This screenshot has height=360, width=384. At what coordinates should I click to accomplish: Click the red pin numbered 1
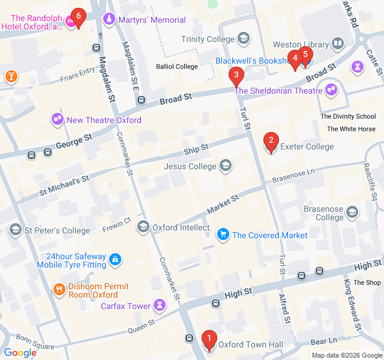coord(209,340)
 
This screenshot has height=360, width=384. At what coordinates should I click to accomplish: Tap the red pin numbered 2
coord(271,142)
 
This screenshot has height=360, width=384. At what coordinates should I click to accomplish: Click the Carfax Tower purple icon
coord(160,305)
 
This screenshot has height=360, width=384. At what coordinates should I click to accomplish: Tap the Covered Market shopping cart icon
coord(223,235)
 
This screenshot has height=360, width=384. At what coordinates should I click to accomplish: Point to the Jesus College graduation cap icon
coord(226,166)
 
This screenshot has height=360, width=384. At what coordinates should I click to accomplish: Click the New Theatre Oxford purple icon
coord(58,119)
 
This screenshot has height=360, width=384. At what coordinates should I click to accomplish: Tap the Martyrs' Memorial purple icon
coord(109,20)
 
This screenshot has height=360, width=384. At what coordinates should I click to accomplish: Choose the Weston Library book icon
coord(338,44)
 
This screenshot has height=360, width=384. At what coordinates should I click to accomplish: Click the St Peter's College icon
coord(14,230)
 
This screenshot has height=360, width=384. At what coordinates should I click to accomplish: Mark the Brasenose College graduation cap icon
coord(352,212)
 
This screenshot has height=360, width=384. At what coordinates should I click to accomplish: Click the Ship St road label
coord(196,148)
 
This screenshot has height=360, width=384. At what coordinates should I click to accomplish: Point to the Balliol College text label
coord(176,66)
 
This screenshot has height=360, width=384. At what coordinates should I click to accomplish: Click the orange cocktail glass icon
coord(11,76)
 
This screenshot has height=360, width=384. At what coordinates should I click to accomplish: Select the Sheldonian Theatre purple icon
coord(331,91)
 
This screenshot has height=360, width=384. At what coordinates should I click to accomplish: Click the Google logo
coord(20,353)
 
